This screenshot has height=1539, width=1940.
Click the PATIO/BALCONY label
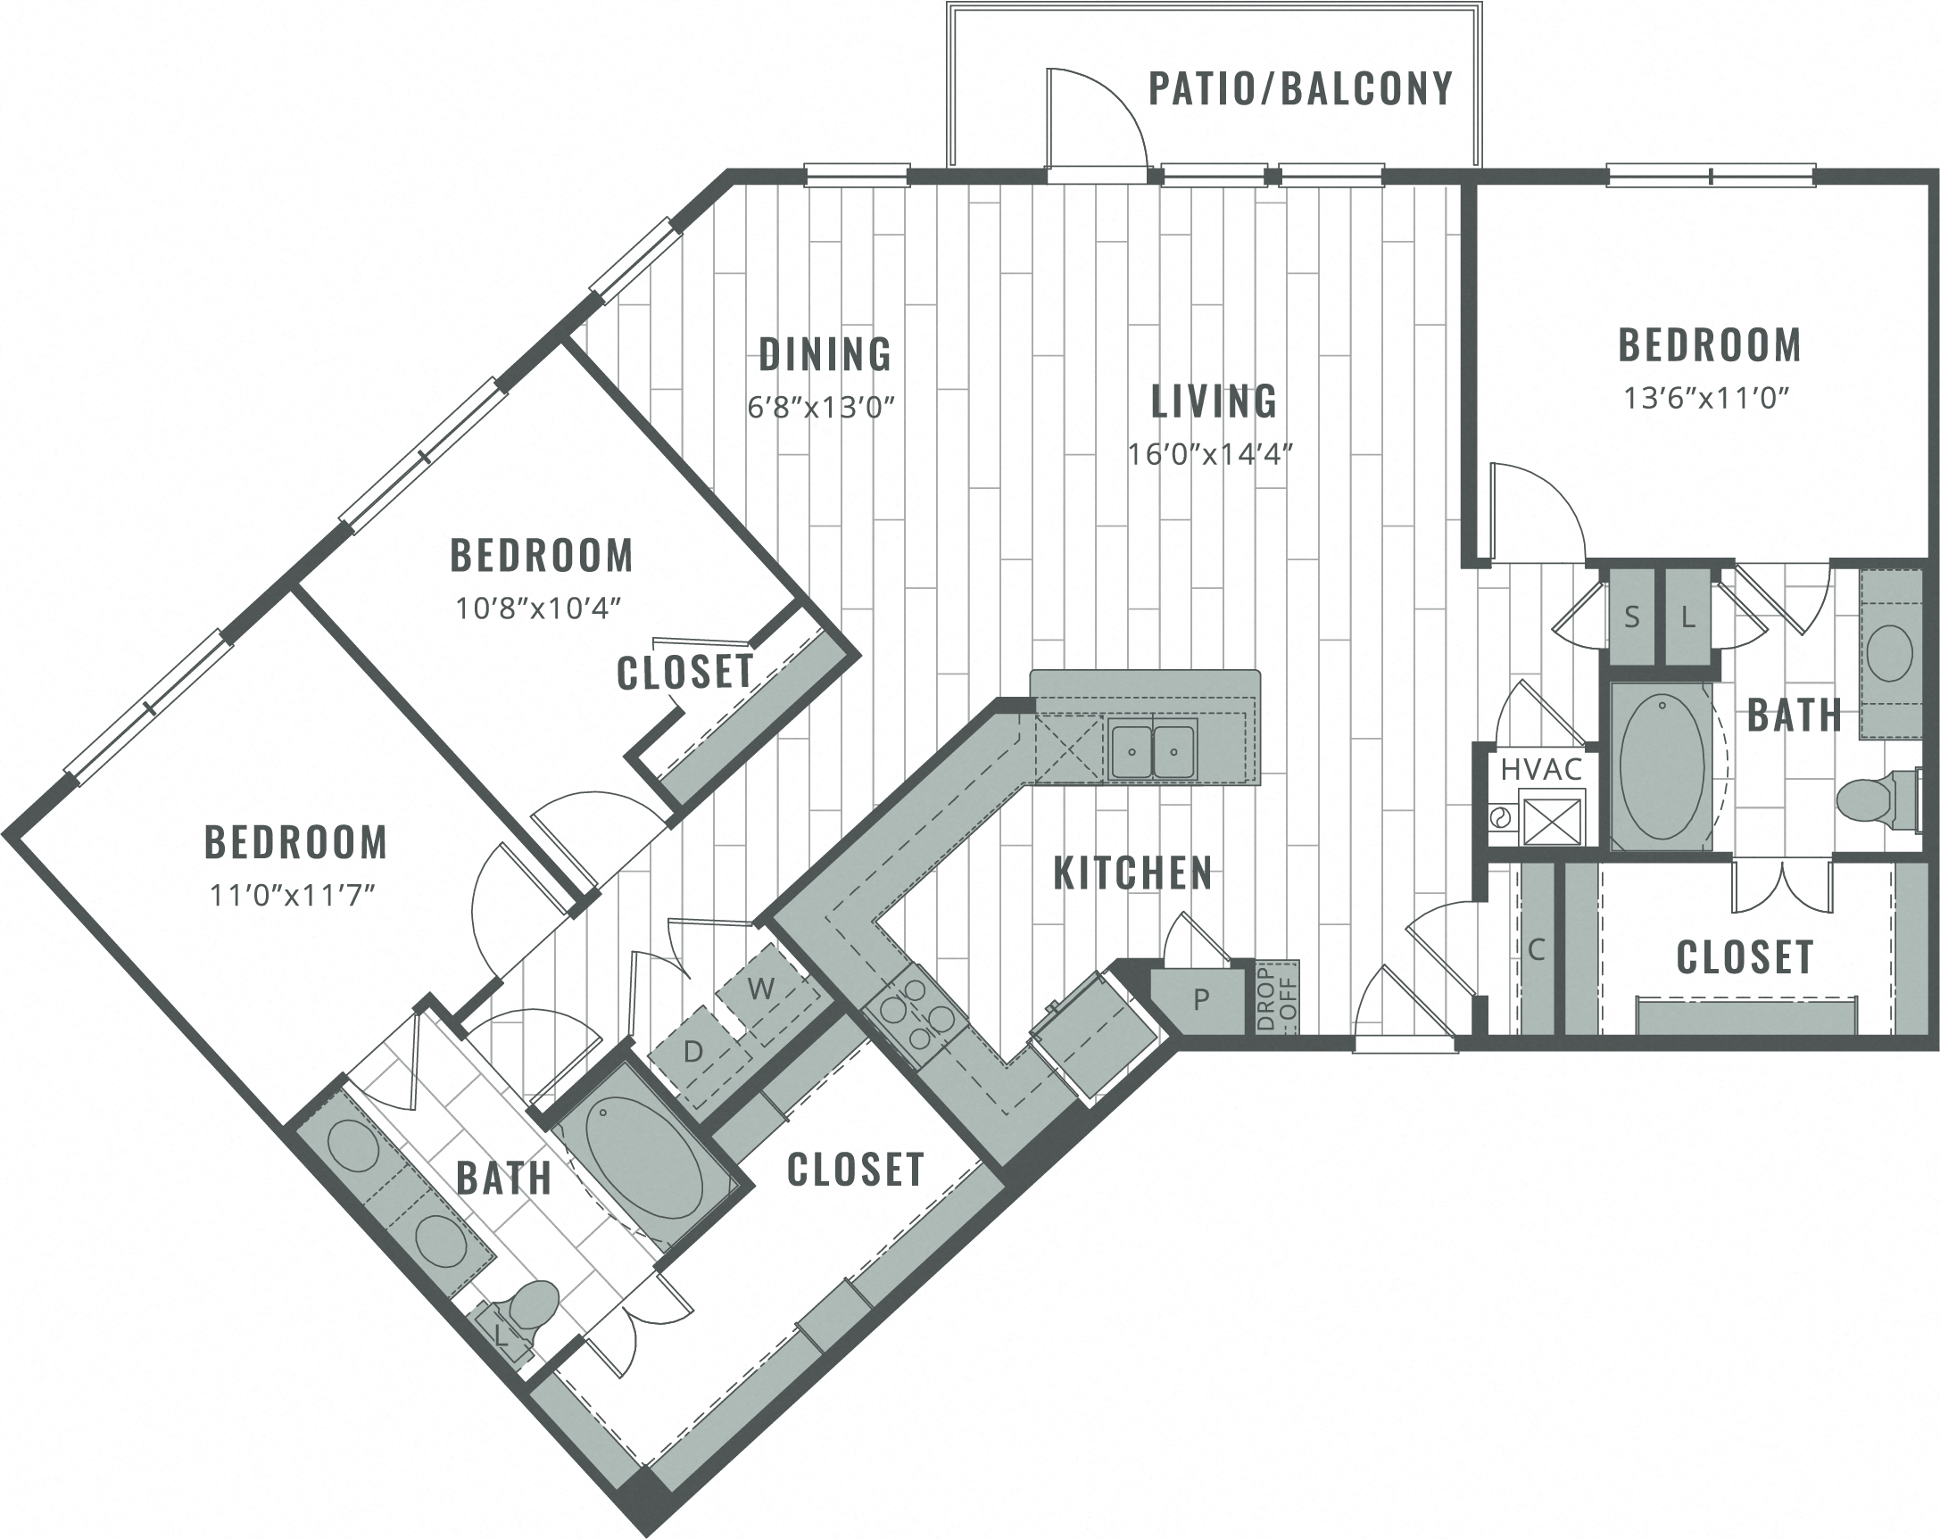(x=1300, y=88)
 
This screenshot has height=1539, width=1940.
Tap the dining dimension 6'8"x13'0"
(x=822, y=408)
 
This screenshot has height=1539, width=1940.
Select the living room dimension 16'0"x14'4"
(x=1210, y=454)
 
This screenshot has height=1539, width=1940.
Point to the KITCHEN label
(x=1132, y=873)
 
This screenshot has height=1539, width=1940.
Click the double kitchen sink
(x=1153, y=751)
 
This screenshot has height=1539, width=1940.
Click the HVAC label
(x=1540, y=769)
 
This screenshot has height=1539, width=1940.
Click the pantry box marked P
(x=1200, y=998)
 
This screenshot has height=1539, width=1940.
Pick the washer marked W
(x=761, y=989)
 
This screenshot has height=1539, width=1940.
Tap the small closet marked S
(x=1631, y=617)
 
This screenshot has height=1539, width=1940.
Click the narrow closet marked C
(x=1537, y=949)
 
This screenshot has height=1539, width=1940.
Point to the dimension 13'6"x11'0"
(x=1706, y=398)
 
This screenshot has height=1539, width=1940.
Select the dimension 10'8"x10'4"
(x=539, y=608)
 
